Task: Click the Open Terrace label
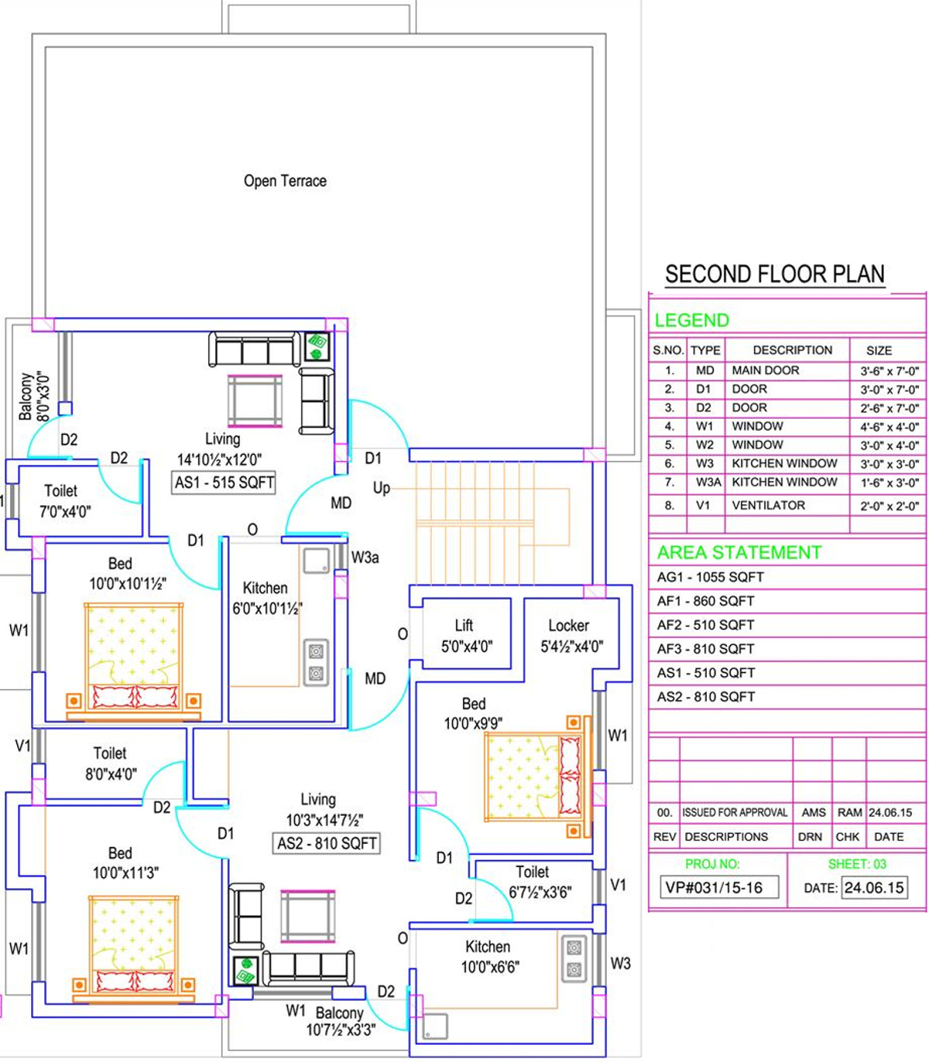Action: (285, 181)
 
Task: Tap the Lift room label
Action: (464, 626)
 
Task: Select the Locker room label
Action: (568, 626)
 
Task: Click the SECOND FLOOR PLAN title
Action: (775, 274)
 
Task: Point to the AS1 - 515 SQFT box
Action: (224, 483)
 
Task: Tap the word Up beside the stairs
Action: (382, 488)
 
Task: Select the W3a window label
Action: (365, 558)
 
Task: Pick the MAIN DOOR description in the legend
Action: (766, 370)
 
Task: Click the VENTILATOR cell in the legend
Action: (768, 505)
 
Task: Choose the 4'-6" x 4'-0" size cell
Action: (889, 427)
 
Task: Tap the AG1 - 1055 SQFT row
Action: (710, 577)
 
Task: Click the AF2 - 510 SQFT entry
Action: (705, 625)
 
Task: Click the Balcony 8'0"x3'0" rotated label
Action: (34, 396)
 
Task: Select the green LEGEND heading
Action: (691, 320)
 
